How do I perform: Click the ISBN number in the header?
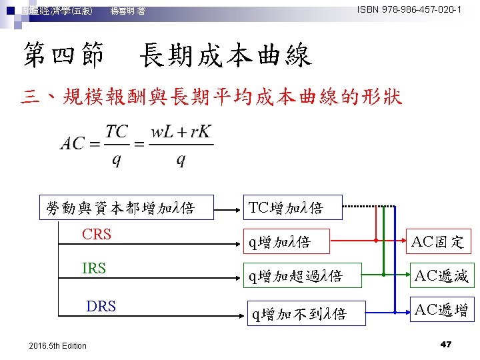[x=409, y=10]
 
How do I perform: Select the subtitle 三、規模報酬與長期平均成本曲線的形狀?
[x=211, y=98]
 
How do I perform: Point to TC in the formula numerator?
[x=118, y=131]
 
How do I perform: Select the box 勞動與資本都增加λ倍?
[x=120, y=207]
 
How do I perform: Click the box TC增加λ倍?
[x=285, y=207]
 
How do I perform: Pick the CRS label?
[x=97, y=235]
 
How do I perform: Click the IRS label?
[x=94, y=268]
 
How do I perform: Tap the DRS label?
[x=101, y=306]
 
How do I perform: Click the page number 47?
[x=446, y=344]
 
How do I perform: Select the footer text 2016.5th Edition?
[x=59, y=345]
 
